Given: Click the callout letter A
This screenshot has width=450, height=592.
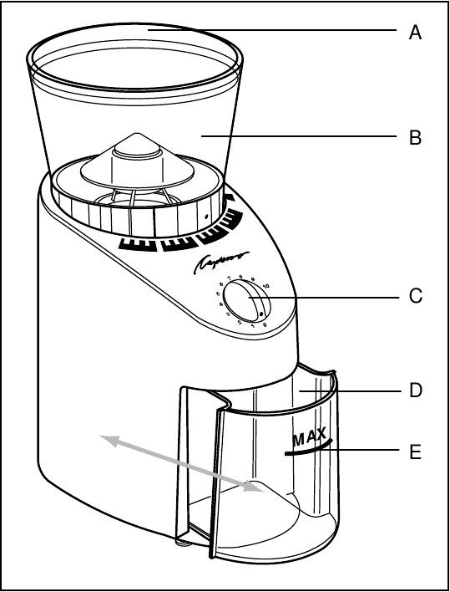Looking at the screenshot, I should [x=415, y=33].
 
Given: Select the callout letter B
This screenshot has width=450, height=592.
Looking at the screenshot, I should [x=415, y=138].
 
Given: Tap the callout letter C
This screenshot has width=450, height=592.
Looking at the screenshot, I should [x=415, y=297].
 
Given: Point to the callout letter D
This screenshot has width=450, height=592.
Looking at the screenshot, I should [x=415, y=390].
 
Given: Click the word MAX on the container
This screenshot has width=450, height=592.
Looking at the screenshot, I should [x=311, y=436].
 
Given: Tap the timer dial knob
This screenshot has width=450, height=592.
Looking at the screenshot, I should [x=245, y=300].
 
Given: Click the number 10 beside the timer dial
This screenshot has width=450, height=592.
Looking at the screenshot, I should [x=266, y=285].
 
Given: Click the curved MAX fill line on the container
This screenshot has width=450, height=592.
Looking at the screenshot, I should [x=308, y=448].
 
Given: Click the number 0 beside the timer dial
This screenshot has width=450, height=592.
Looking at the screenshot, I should [x=265, y=324].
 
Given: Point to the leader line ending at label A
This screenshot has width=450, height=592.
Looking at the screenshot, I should [x=276, y=30].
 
